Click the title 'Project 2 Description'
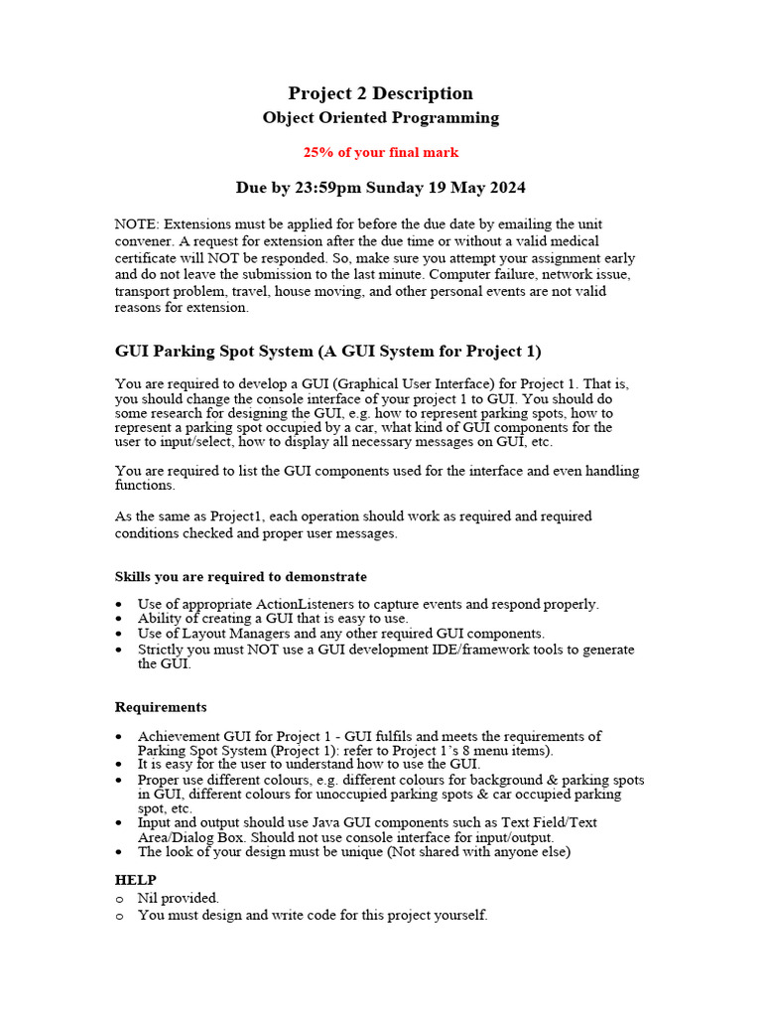pyautogui.click(x=380, y=93)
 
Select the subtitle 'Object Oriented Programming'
pyautogui.click(x=380, y=118)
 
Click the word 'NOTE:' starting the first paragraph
pyautogui.click(x=137, y=224)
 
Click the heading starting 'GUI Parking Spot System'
pyautogui.click(x=327, y=352)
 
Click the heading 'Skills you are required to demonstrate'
pyautogui.click(x=241, y=577)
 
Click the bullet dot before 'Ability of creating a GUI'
pyautogui.click(x=119, y=619)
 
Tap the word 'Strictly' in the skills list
pyautogui.click(x=160, y=650)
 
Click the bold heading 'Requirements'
pyautogui.click(x=161, y=708)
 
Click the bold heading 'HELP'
pyautogui.click(x=135, y=880)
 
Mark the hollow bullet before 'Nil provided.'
pyautogui.click(x=119, y=899)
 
